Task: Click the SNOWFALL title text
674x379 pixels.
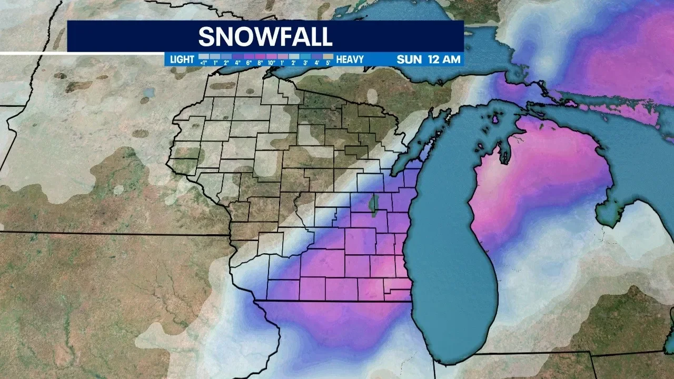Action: pos(265,36)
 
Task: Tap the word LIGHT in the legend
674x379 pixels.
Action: pos(182,59)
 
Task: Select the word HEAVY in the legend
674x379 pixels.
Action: pos(350,59)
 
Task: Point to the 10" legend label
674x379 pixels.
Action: pos(271,63)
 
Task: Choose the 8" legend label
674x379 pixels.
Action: pos(260,63)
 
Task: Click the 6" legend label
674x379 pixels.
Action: pos(248,63)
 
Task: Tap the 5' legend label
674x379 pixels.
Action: pos(328,63)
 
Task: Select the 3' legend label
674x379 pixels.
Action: pos(305,63)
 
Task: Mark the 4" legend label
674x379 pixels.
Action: pos(237,63)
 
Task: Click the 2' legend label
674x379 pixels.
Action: pos(294,63)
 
